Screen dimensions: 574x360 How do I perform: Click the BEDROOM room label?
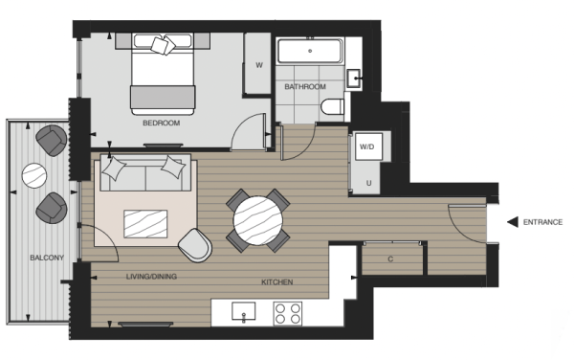click(161, 124)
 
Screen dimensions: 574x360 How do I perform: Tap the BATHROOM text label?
click(305, 87)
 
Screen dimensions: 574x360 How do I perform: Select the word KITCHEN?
click(277, 282)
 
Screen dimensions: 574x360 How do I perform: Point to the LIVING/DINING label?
click(151, 277)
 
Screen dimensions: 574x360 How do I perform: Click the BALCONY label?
click(47, 258)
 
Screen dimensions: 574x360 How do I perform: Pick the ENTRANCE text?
click(542, 222)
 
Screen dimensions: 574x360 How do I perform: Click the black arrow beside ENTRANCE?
click(513, 222)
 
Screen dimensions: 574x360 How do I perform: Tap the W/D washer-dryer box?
click(368, 146)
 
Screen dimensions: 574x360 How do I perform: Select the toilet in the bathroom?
click(332, 106)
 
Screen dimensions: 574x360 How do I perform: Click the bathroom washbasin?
click(354, 79)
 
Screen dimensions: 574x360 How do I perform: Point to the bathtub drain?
click(310, 51)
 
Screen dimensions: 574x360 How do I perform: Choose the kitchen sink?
click(243, 312)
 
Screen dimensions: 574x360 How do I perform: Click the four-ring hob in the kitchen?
click(288, 313)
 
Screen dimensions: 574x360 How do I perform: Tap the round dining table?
click(258, 221)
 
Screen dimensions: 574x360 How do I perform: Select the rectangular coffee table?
click(145, 224)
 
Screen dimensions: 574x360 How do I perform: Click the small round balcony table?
click(34, 176)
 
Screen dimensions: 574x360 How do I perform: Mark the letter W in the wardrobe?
click(259, 65)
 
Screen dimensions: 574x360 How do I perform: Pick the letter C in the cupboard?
click(390, 259)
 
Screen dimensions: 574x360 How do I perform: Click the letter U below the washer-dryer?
click(368, 183)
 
